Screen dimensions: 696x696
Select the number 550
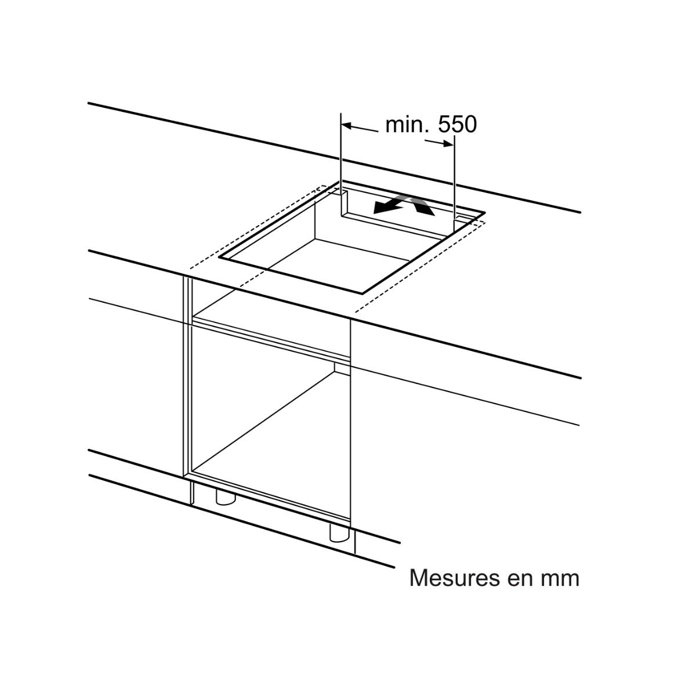[x=457, y=125]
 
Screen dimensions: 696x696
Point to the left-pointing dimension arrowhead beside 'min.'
[x=347, y=126]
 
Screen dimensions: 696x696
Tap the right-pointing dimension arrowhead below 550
[x=448, y=144]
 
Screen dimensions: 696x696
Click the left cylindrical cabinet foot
[x=226, y=497]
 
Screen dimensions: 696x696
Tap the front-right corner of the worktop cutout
[x=362, y=292]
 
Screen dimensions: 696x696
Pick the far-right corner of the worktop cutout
[x=484, y=213]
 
